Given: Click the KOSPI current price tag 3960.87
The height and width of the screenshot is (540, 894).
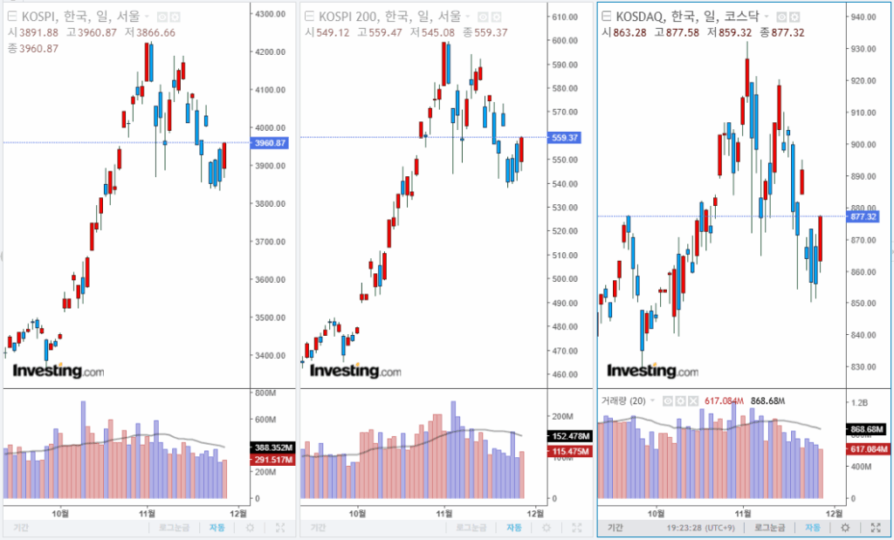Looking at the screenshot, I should click(x=270, y=143).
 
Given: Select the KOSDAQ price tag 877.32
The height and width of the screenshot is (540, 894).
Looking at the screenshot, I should click(x=864, y=216).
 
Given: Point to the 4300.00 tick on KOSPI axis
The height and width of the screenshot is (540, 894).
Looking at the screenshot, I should click(x=271, y=14).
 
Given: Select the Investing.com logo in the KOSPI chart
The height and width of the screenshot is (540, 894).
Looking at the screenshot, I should click(x=57, y=372).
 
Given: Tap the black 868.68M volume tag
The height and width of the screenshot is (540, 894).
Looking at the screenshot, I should click(x=868, y=429).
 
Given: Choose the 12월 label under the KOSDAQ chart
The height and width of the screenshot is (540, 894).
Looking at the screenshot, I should click(x=834, y=513).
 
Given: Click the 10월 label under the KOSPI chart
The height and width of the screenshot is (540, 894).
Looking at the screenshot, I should click(x=60, y=513).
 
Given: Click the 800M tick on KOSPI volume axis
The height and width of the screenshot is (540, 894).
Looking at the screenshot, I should click(x=265, y=393).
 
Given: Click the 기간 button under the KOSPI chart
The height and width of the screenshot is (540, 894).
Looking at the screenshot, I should click(x=21, y=528).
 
